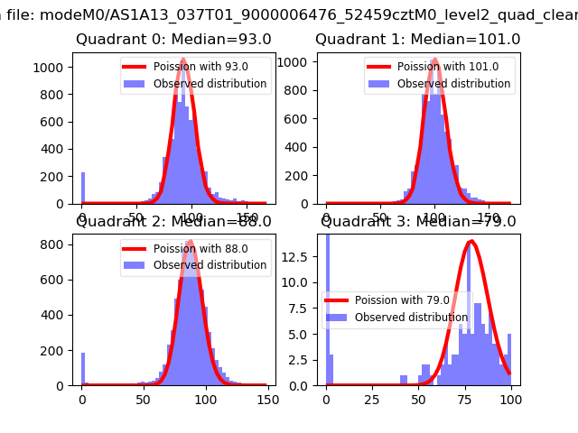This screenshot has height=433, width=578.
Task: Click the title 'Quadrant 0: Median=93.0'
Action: pyautogui.click(x=173, y=40)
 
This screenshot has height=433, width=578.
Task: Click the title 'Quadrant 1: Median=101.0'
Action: pyautogui.click(x=417, y=40)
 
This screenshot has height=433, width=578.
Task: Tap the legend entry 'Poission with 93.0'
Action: pyautogui.click(x=200, y=67)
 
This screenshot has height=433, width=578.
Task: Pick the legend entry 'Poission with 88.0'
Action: pyautogui.click(x=200, y=249)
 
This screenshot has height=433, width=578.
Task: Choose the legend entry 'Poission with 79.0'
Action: pyautogui.click(x=402, y=300)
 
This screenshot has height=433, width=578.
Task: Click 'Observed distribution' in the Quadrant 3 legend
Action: pyautogui.click(x=411, y=318)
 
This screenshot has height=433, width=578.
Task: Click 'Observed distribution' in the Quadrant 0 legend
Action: pyautogui.click(x=210, y=84)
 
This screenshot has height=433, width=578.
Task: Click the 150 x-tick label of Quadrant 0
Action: pyautogui.click(x=246, y=217)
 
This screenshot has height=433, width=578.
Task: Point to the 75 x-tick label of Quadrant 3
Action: pyautogui.click(x=464, y=400)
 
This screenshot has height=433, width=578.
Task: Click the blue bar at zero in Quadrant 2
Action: pyautogui.click(x=82, y=369)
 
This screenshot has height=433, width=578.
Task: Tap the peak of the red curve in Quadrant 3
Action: pyautogui.click(x=471, y=241)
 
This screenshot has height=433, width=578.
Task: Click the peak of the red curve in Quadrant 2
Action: pyautogui.click(x=191, y=241)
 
